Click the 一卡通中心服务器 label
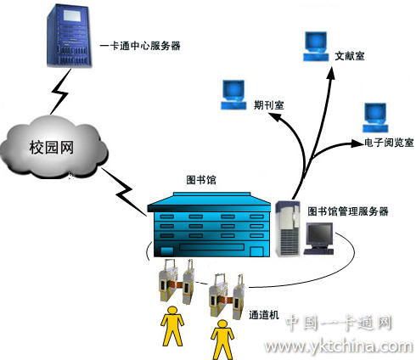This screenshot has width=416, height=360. [140, 46]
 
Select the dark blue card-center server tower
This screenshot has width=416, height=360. [70, 36]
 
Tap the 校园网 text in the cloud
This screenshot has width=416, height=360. [52, 148]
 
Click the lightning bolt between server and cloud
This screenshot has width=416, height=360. [59, 93]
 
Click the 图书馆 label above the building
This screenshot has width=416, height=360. [201, 180]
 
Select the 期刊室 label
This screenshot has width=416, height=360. [268, 105]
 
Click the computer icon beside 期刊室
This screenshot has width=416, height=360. [233, 95]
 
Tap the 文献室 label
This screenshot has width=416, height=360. [350, 56]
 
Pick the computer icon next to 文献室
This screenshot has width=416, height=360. [316, 47]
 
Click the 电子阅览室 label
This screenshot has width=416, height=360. [389, 143]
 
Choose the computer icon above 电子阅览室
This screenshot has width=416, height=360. [375, 118]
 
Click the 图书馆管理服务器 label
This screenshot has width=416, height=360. [348, 211]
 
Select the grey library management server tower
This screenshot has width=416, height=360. [288, 228]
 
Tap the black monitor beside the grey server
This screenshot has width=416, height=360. [319, 239]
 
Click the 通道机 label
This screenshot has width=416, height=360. [264, 315]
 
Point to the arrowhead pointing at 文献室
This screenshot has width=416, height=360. [331, 74]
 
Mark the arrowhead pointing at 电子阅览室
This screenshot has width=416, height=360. [357, 143]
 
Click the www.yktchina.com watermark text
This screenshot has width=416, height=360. [339, 346]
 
